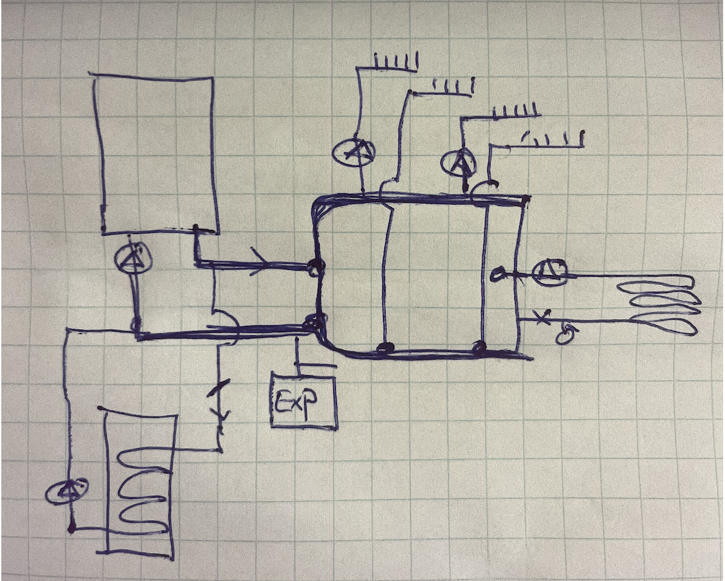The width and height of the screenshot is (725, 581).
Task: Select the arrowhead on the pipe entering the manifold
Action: (x=261, y=262)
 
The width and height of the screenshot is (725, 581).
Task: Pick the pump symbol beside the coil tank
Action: (x=68, y=491)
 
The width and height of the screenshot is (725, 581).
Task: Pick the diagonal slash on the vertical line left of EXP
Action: (x=218, y=388)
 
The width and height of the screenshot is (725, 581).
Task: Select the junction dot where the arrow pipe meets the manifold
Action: (x=316, y=266)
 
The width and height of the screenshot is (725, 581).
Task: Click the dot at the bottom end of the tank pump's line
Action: (x=72, y=528)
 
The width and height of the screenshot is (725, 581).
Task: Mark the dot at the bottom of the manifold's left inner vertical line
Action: (x=385, y=347)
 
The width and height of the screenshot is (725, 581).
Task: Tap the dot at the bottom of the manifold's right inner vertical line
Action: (x=479, y=346)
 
